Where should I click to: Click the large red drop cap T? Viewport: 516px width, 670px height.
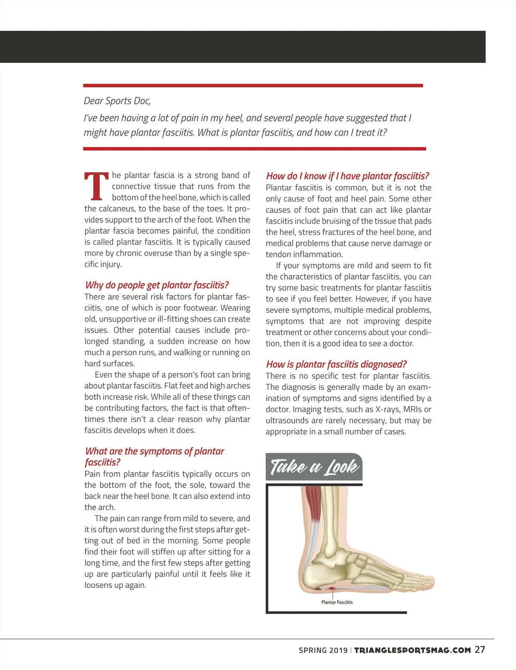(96, 187)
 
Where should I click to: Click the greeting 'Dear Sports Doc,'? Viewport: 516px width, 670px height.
(117, 101)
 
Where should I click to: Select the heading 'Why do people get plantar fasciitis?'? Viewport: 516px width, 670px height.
(157, 285)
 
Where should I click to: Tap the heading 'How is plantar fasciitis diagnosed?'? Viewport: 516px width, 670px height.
(336, 364)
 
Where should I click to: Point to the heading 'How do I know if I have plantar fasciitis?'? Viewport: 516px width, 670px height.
(347, 176)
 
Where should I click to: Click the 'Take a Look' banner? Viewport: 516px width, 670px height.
(314, 467)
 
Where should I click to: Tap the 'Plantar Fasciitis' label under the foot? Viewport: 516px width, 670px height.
(337, 602)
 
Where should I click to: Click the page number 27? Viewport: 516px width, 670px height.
(480, 650)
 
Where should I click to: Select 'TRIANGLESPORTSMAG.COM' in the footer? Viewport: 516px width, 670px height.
(412, 650)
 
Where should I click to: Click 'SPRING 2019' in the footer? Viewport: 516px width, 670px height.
(323, 650)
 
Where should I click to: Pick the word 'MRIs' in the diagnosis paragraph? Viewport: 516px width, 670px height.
(411, 409)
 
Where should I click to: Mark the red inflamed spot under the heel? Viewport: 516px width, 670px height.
(332, 587)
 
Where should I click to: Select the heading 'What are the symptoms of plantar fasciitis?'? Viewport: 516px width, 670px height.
(154, 456)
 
